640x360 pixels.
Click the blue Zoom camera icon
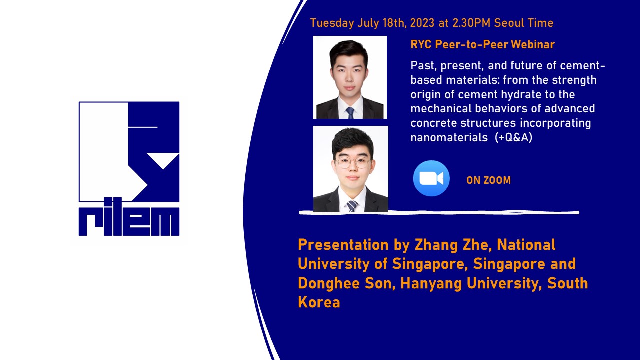point(431,178)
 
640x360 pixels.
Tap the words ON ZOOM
point(488,180)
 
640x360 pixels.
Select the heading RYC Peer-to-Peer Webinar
point(482,44)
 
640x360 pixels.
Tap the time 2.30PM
point(471,23)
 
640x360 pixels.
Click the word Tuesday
point(332,23)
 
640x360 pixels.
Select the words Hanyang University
point(471,283)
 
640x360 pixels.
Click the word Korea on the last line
point(319,302)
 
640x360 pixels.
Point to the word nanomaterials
point(449,137)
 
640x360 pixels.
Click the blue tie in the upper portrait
point(350,113)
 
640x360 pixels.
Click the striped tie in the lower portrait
point(352,206)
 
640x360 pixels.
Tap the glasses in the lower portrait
point(352,163)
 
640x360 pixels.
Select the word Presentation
point(343,245)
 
